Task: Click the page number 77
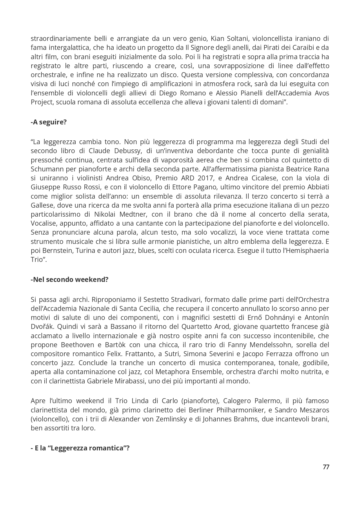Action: (326, 467)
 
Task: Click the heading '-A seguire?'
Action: (49, 122)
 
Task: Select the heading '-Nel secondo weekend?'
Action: (70, 280)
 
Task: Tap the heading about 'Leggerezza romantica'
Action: (80, 448)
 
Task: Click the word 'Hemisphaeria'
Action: (309, 250)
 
